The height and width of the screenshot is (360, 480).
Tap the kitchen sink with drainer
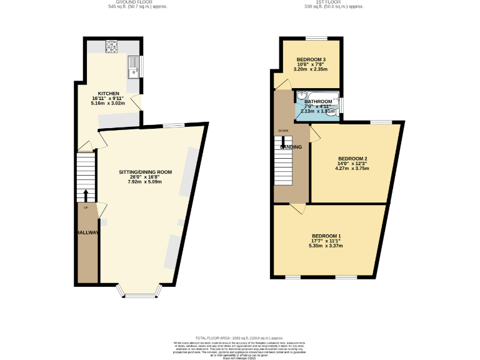pyautogui.click(x=134, y=67)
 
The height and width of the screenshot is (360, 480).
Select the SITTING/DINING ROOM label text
pyautogui.click(x=146, y=172)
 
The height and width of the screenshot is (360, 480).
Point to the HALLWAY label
pyautogui.click(x=88, y=232)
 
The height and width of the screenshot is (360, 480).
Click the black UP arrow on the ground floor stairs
pyautogui.click(x=86, y=195)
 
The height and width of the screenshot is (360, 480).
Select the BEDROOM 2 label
pyautogui.click(x=352, y=158)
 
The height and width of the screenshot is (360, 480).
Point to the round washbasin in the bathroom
pyautogui.click(x=302, y=96)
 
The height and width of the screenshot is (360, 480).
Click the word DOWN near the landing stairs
pyautogui.click(x=283, y=131)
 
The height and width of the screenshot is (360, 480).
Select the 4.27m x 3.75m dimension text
pyautogui.click(x=352, y=168)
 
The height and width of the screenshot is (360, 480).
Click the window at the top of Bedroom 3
pyautogui.click(x=311, y=39)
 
